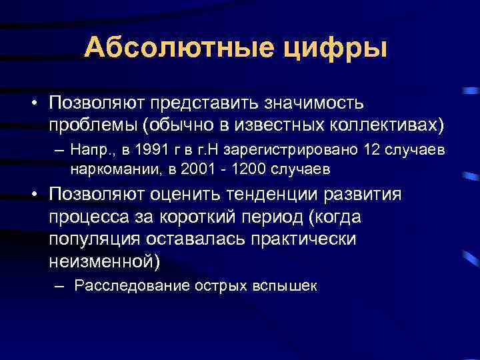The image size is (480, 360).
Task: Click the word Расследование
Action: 133,286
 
